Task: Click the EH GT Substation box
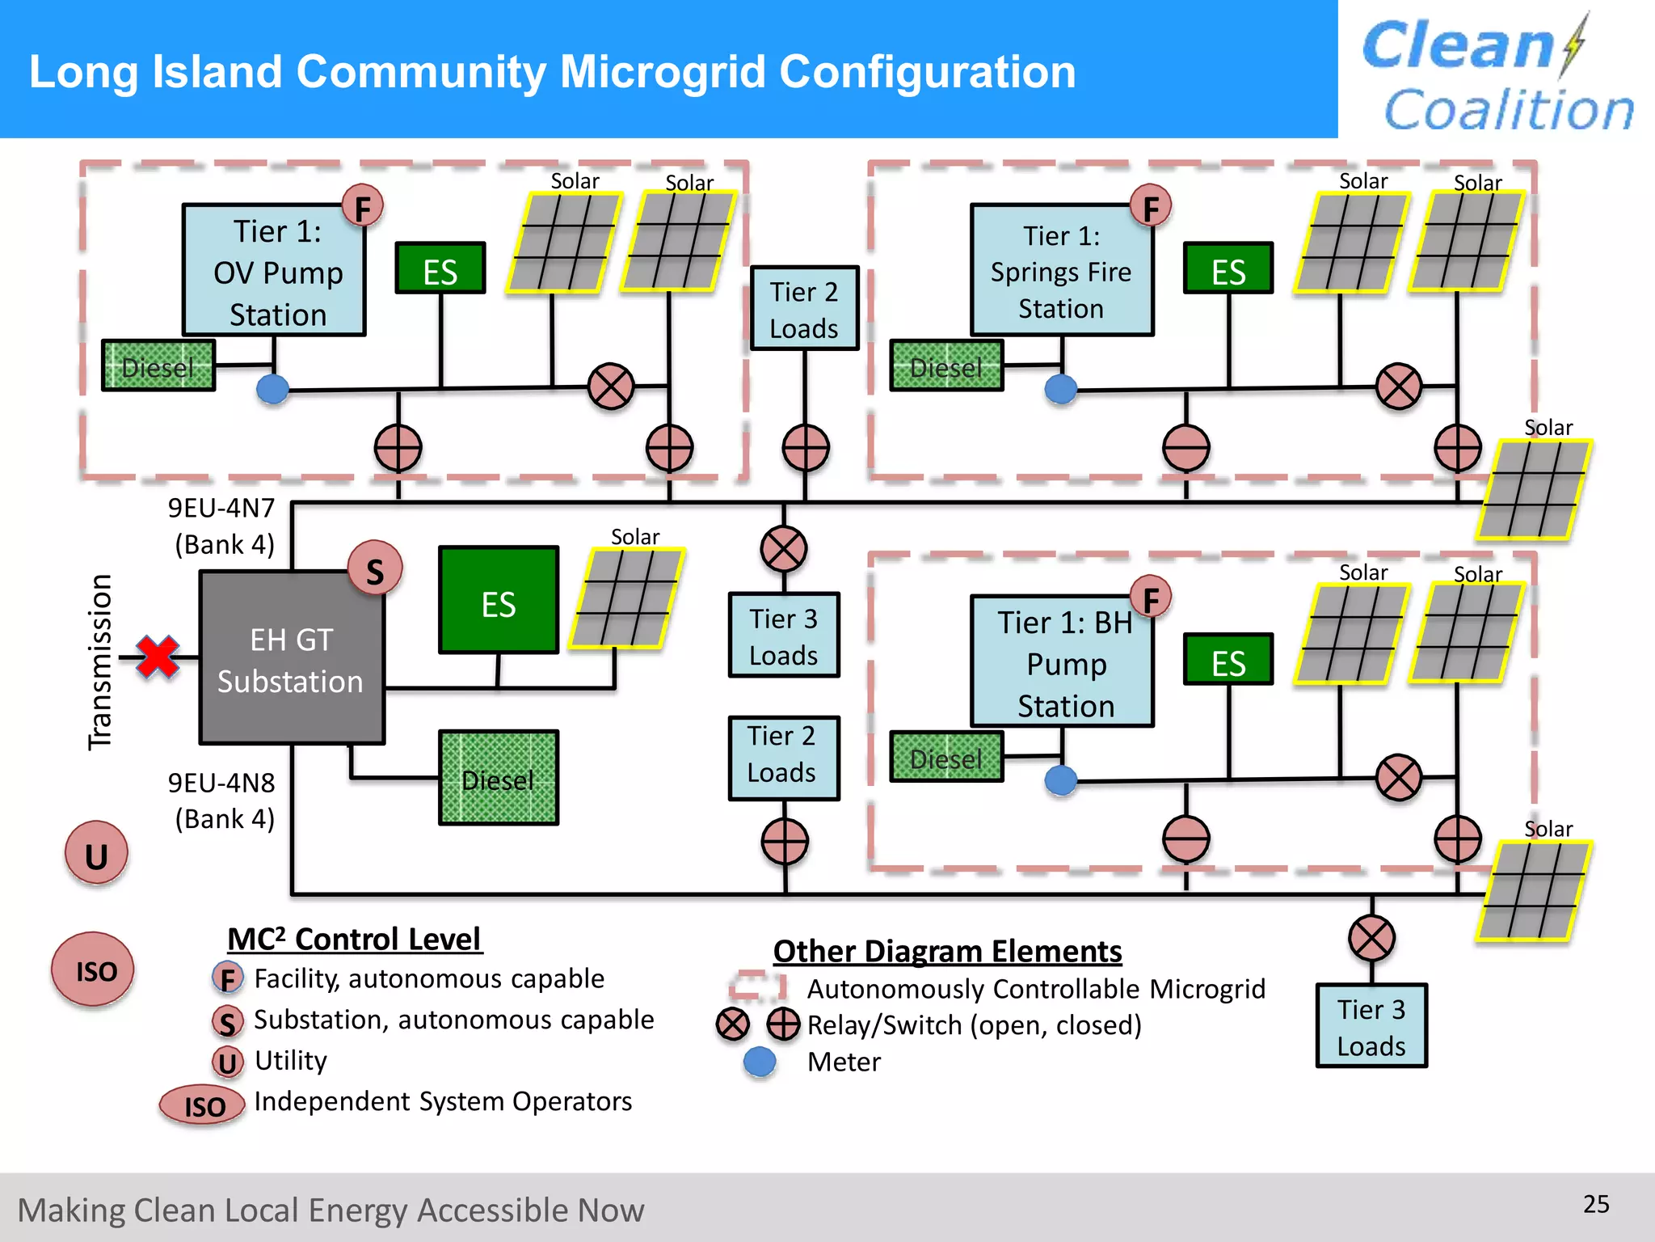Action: [291, 659]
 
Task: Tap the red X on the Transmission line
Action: [158, 657]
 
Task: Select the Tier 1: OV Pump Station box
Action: [275, 271]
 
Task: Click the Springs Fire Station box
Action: [1061, 271]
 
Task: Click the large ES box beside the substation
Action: [499, 600]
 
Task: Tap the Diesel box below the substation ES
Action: [499, 778]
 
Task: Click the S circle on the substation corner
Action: [375, 569]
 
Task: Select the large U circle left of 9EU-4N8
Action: [96, 854]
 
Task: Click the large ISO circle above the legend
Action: [94, 970]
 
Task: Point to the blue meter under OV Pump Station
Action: [272, 389]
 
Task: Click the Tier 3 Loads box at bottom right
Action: [1371, 1025]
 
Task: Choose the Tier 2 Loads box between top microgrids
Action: [804, 308]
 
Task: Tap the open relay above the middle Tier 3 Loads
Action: [783, 549]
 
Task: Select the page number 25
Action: [1595, 1204]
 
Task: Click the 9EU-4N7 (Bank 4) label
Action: [222, 526]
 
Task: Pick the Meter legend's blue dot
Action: [760, 1062]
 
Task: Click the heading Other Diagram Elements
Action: [947, 952]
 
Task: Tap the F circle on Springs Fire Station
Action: [1151, 207]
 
